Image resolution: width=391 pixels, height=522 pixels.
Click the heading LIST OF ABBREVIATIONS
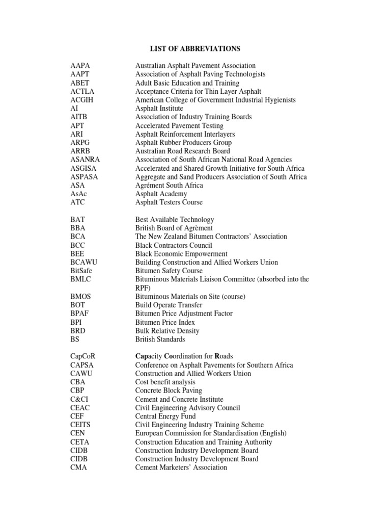tap(195, 48)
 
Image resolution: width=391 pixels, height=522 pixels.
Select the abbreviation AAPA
tap(80, 66)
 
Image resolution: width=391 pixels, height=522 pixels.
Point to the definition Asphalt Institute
tap(159, 109)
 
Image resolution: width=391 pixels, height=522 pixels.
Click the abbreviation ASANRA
tap(86, 160)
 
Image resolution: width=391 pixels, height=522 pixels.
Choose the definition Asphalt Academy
tap(161, 194)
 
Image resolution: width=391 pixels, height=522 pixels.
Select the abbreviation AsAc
tap(79, 194)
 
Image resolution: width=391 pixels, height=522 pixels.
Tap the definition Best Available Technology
tap(175, 220)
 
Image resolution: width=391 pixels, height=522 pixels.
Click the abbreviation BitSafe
tap(81, 271)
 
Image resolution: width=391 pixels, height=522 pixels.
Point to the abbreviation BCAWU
tap(83, 262)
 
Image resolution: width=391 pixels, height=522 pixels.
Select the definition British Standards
tap(160, 339)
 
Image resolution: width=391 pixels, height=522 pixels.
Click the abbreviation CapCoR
tap(83, 356)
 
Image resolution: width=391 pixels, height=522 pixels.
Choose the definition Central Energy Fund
tap(165, 416)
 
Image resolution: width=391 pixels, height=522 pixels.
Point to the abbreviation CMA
tap(79, 467)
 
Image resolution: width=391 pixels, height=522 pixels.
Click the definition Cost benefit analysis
tap(165, 382)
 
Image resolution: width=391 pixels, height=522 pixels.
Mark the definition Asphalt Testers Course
tap(169, 202)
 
